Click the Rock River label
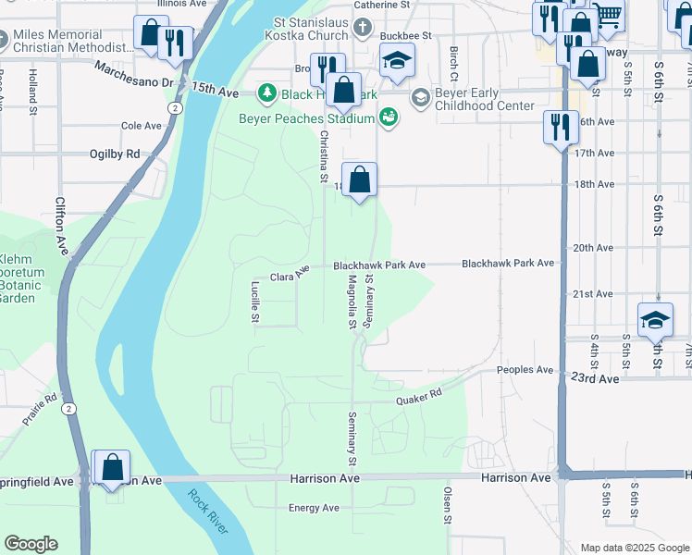(208, 512)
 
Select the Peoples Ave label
(525, 369)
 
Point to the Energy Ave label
(314, 508)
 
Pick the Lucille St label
(255, 302)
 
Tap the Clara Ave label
(289, 274)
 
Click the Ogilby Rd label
(115, 154)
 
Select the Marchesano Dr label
(134, 81)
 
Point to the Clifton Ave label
(61, 226)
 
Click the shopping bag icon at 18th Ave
(359, 179)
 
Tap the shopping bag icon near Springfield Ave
(112, 466)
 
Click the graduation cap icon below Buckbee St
(398, 60)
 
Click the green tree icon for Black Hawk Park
(267, 92)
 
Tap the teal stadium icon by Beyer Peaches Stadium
(389, 117)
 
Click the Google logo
(31, 544)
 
